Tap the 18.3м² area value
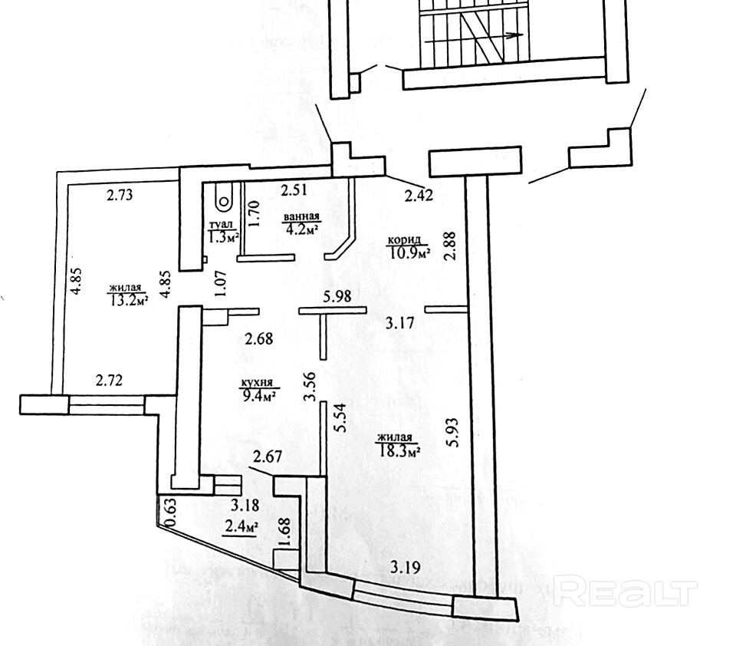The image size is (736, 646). click(x=401, y=450)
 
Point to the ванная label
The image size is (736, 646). click(x=301, y=217)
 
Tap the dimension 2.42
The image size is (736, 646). click(x=419, y=195)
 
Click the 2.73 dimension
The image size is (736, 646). click(x=120, y=195)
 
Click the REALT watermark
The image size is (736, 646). click(x=624, y=592)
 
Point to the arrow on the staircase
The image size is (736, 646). click(x=512, y=35)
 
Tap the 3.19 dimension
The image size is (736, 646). click(x=405, y=569)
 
